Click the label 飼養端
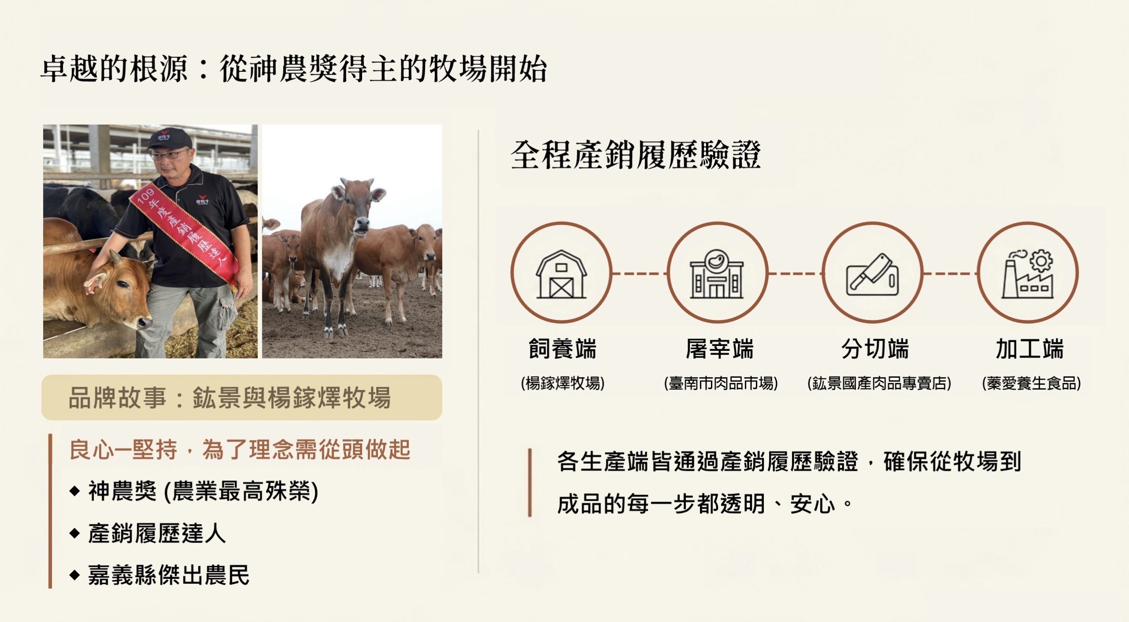pyautogui.click(x=562, y=349)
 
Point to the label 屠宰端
pyautogui.click(x=719, y=349)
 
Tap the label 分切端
pyautogui.click(x=875, y=349)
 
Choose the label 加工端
pyautogui.click(x=1030, y=349)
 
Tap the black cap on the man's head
pyautogui.click(x=169, y=138)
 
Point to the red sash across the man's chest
pyautogui.click(x=185, y=229)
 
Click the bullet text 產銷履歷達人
pyautogui.click(x=157, y=533)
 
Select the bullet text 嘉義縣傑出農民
pyautogui.click(x=168, y=575)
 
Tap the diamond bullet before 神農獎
pyautogui.click(x=75, y=491)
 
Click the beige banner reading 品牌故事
pyautogui.click(x=242, y=398)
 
